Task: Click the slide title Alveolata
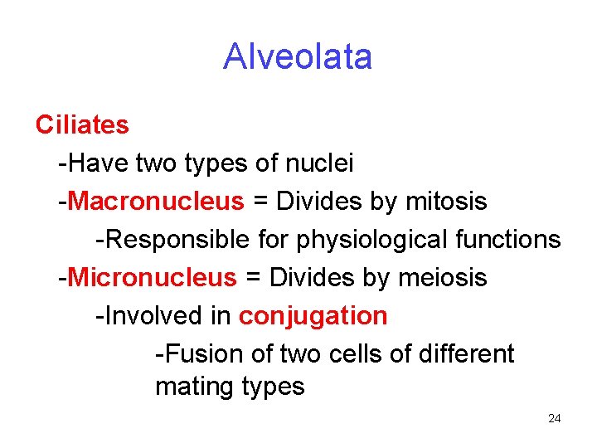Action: coord(298,57)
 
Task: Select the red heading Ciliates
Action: coord(82,125)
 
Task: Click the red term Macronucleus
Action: coord(157,202)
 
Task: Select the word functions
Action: coord(511,240)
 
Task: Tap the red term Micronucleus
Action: coord(153,278)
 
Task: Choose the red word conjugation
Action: coord(313,316)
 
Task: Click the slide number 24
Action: coord(555,419)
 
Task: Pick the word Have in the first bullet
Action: coord(94,163)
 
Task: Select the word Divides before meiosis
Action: coord(313,278)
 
